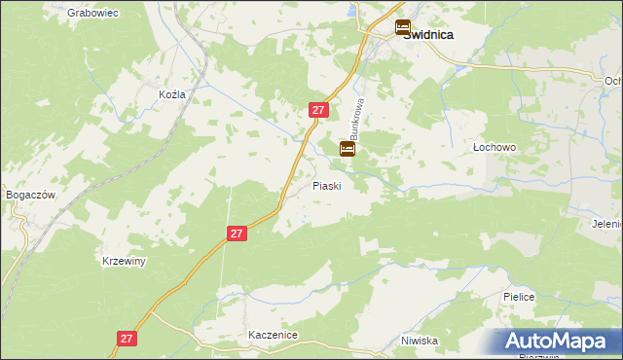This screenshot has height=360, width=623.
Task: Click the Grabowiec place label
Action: point(92,14)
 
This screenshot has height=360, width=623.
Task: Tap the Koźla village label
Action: point(170,94)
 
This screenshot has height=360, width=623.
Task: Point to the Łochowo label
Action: point(494,146)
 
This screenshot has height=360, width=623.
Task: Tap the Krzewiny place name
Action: point(124,262)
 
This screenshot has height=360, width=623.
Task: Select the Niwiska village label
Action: point(419,341)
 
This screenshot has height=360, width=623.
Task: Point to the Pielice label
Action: point(519,297)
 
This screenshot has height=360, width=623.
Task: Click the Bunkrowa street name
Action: point(358,116)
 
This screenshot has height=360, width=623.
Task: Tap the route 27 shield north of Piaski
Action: point(317,110)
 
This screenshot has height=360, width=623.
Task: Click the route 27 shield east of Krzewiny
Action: point(238,234)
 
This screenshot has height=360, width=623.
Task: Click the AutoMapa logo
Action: point(554,342)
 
